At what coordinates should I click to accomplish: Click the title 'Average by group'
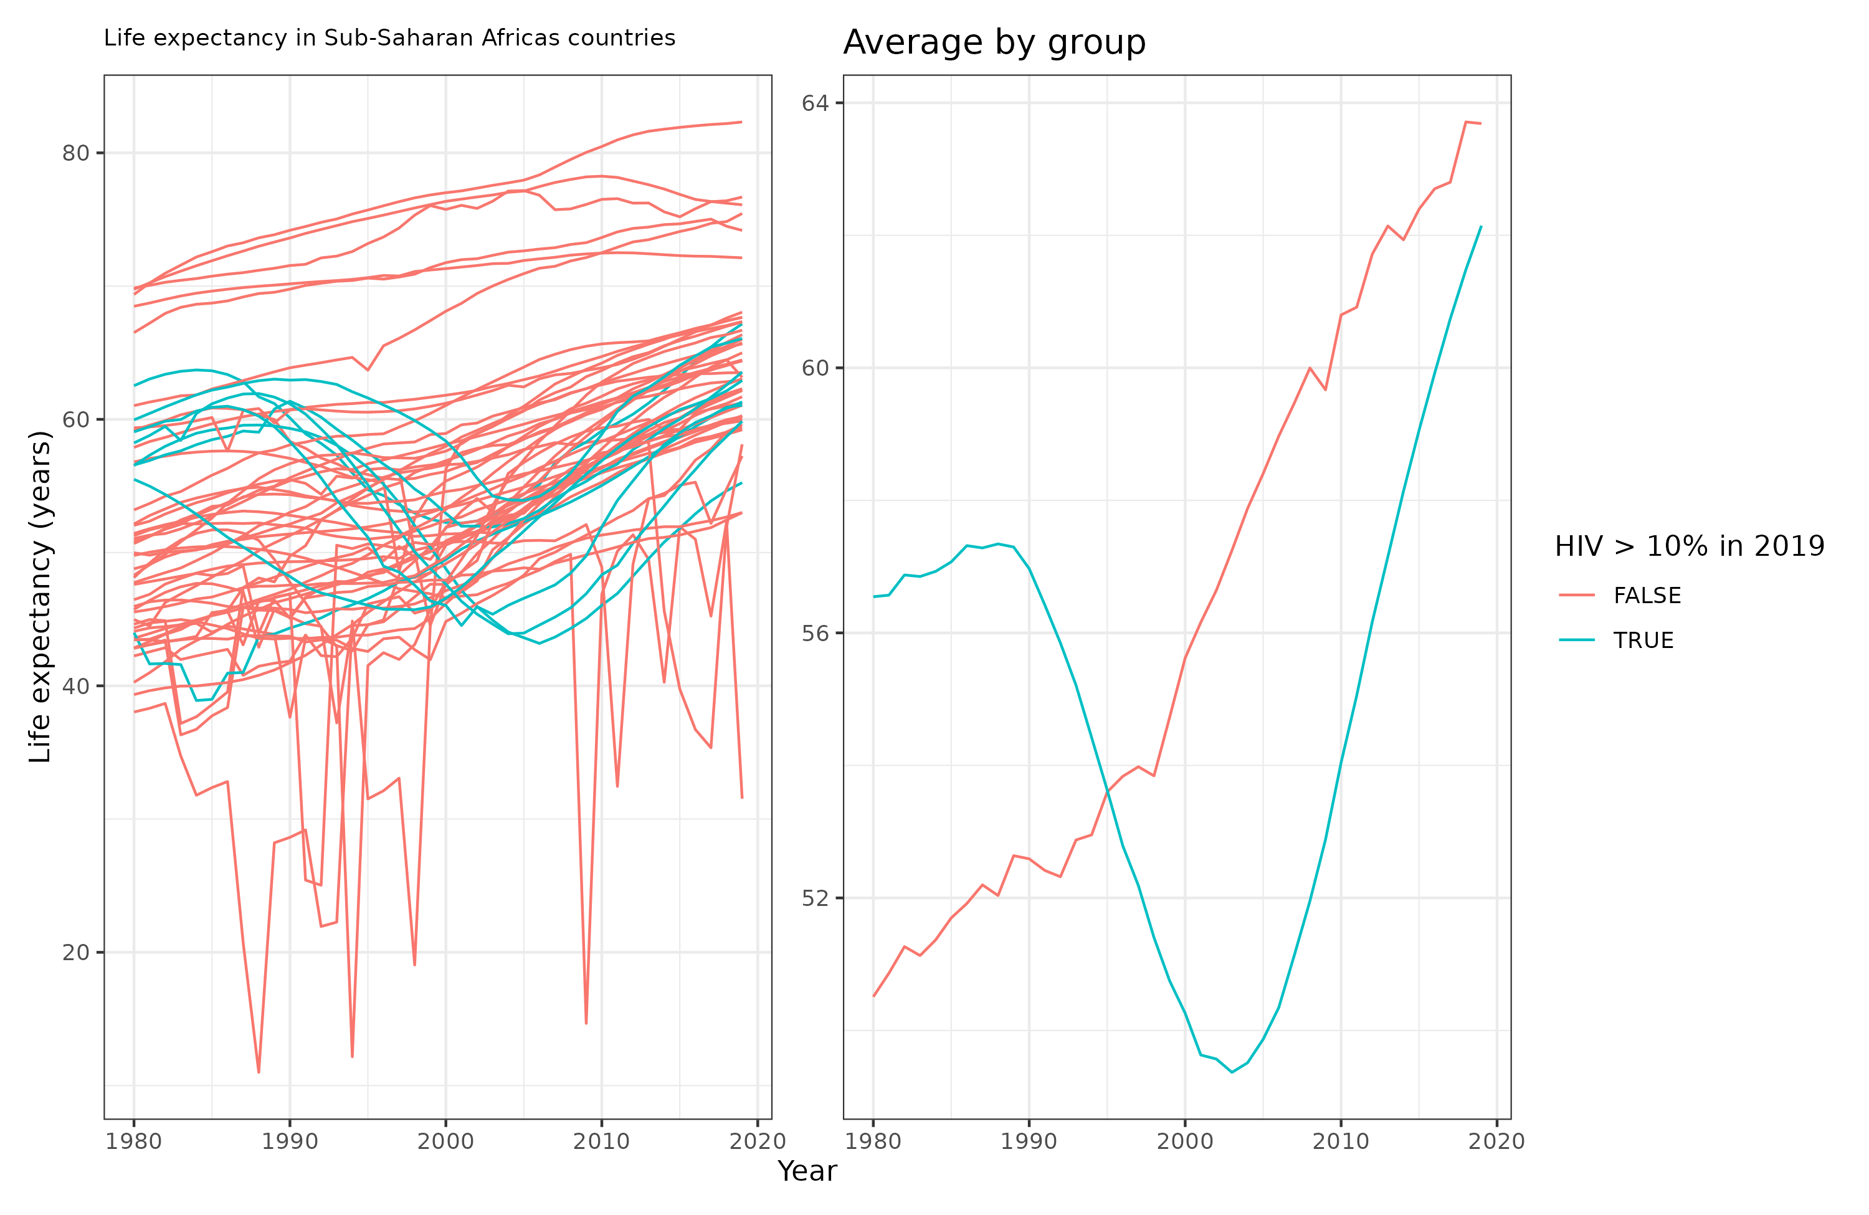(994, 42)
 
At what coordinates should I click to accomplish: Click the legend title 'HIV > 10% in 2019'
(1689, 546)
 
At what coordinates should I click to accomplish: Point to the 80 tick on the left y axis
(76, 153)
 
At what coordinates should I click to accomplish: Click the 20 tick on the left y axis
(76, 953)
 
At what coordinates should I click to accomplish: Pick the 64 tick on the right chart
(815, 103)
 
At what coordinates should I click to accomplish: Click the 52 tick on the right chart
(815, 898)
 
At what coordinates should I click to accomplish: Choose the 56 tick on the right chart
(815, 633)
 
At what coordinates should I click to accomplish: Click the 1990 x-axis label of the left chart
(290, 1142)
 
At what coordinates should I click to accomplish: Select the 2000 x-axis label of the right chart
(1184, 1142)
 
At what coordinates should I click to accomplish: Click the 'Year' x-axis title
(807, 1172)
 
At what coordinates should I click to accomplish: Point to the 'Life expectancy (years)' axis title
(40, 597)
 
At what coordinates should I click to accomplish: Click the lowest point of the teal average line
(1232, 1073)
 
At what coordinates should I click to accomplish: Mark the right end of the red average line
(1480, 123)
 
